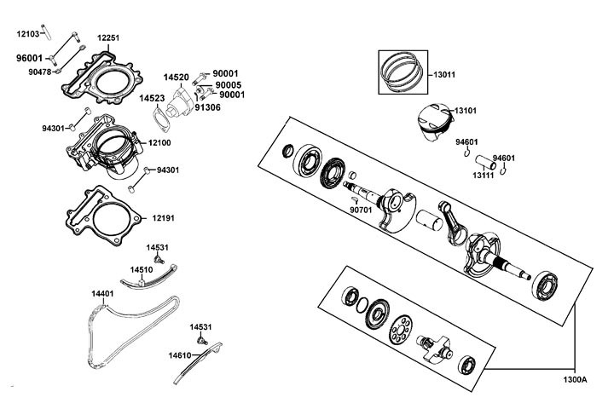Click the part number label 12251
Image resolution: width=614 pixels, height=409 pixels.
tap(108, 38)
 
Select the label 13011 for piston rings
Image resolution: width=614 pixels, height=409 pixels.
tap(444, 74)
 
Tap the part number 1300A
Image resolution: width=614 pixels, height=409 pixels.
tap(576, 378)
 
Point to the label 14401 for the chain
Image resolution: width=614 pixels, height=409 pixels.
tap(102, 293)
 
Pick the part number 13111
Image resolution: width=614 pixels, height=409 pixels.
tap(484, 175)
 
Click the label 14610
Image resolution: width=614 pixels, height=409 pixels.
tap(180, 354)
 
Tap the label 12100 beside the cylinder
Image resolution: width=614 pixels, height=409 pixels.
tap(160, 143)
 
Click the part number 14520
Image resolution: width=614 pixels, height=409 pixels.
tap(177, 78)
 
